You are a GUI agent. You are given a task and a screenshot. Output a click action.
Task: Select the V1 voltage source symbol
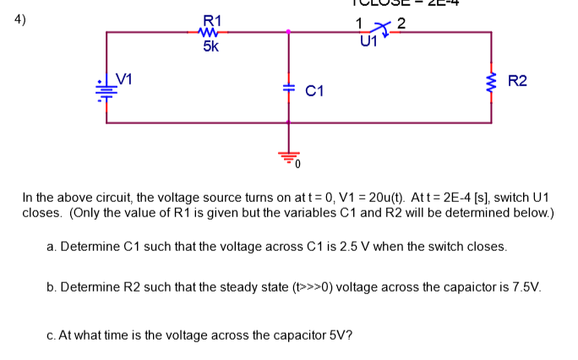coord(106,89)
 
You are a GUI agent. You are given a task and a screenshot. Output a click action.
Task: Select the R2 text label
coord(517,81)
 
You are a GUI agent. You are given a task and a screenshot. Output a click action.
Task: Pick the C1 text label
coord(316,90)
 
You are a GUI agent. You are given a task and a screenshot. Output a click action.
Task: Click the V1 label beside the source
coord(124,80)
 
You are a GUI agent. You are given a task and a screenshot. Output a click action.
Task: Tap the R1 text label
coord(212,19)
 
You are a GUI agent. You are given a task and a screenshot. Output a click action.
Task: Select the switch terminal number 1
coord(360,22)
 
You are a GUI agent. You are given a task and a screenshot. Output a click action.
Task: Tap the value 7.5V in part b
coord(528,286)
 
